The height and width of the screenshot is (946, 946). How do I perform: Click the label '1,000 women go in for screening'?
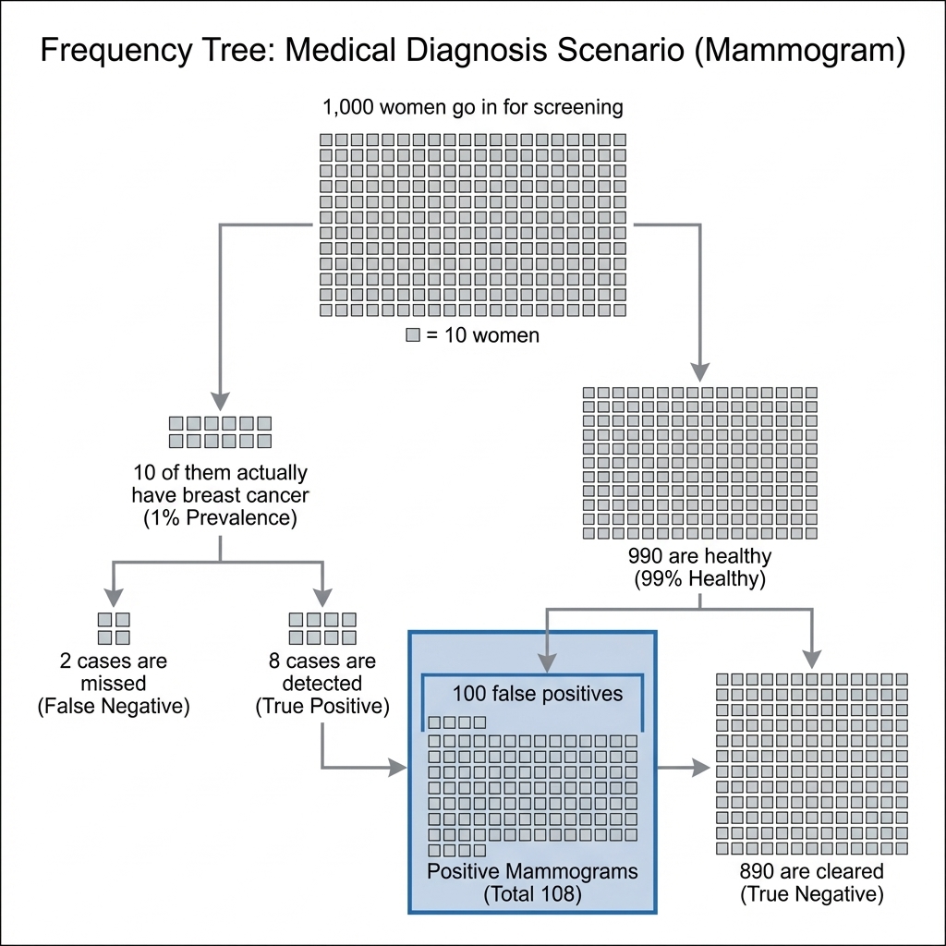coord(472,107)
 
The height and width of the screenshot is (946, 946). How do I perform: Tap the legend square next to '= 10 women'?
coord(413,335)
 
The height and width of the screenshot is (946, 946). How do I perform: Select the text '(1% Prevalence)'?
coord(220,517)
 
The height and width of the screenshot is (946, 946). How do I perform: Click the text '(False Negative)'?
coord(113,707)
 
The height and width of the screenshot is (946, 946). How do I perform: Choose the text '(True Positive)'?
coord(322,707)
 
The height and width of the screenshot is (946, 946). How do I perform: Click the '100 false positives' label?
coord(537,693)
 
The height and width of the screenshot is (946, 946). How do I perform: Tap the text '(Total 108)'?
coord(532,893)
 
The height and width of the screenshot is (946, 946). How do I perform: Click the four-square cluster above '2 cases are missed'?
coord(114,628)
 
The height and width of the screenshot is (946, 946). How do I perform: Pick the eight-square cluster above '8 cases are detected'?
coord(322,628)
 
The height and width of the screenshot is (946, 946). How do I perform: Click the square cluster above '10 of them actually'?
coord(220,431)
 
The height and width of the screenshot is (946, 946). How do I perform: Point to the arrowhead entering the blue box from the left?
coord(400,767)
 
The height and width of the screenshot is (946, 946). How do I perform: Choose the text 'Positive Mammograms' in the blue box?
coord(532,871)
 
